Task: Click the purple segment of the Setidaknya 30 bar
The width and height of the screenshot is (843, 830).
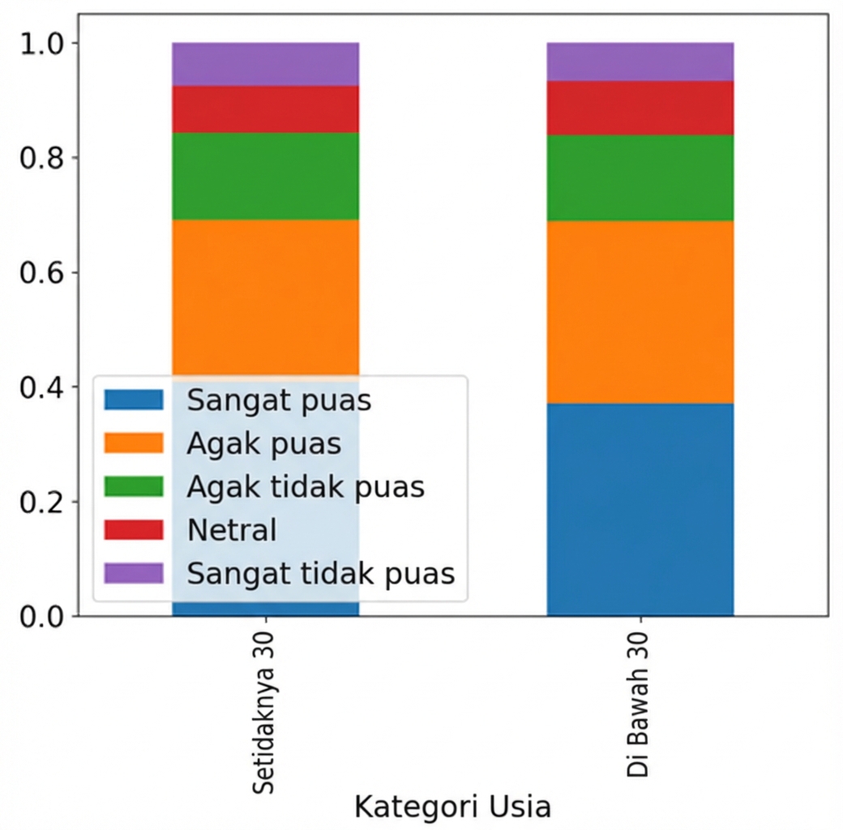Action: (265, 64)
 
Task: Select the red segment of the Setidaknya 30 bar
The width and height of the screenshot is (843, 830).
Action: (265, 109)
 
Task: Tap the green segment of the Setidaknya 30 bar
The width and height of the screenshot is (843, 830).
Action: (265, 176)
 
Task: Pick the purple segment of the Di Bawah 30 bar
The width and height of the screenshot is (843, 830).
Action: (640, 62)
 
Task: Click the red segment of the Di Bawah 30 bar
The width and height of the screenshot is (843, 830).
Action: (640, 108)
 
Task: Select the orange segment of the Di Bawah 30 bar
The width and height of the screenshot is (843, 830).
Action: (640, 312)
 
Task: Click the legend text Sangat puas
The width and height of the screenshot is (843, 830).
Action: (279, 400)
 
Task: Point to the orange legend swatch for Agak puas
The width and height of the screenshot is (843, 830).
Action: (134, 443)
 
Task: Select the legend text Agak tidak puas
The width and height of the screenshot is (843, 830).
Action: (306, 487)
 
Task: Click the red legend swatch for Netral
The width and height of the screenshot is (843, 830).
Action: (134, 530)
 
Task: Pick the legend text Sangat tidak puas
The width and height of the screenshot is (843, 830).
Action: (321, 574)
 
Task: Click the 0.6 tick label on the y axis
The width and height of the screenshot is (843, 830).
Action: (36, 272)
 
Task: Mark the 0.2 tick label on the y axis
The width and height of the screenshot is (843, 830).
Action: (36, 502)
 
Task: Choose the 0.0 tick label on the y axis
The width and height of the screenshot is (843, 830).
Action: (36, 616)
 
